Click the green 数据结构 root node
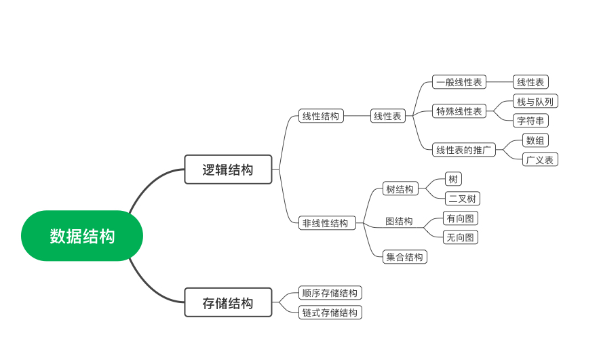82,236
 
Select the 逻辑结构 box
228,169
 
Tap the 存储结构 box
228,302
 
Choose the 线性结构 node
321,116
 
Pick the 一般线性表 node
459,82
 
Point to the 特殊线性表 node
459,111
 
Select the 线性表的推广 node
464,149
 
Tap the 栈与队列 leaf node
535,102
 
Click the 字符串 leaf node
530,121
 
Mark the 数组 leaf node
536,140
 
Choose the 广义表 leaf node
540,159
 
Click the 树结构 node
400,188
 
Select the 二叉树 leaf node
462,199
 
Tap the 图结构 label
399,221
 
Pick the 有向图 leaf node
461,218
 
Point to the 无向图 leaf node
461,237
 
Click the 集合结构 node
404,257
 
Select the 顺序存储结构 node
330,293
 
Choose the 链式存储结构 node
330,313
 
